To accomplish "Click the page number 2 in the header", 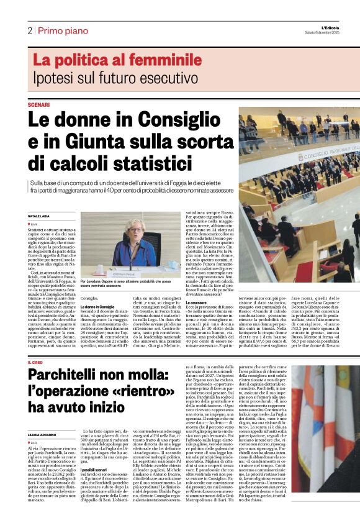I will (x=29, y=30).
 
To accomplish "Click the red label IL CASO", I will (x=37, y=362).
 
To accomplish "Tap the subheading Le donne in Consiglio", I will (x=97, y=307).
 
